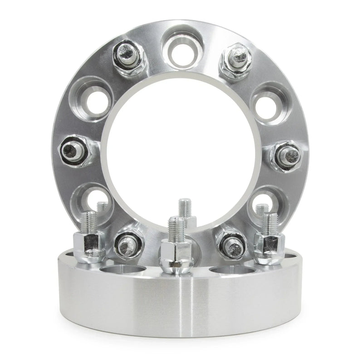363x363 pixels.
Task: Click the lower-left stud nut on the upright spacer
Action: pos(127,244)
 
